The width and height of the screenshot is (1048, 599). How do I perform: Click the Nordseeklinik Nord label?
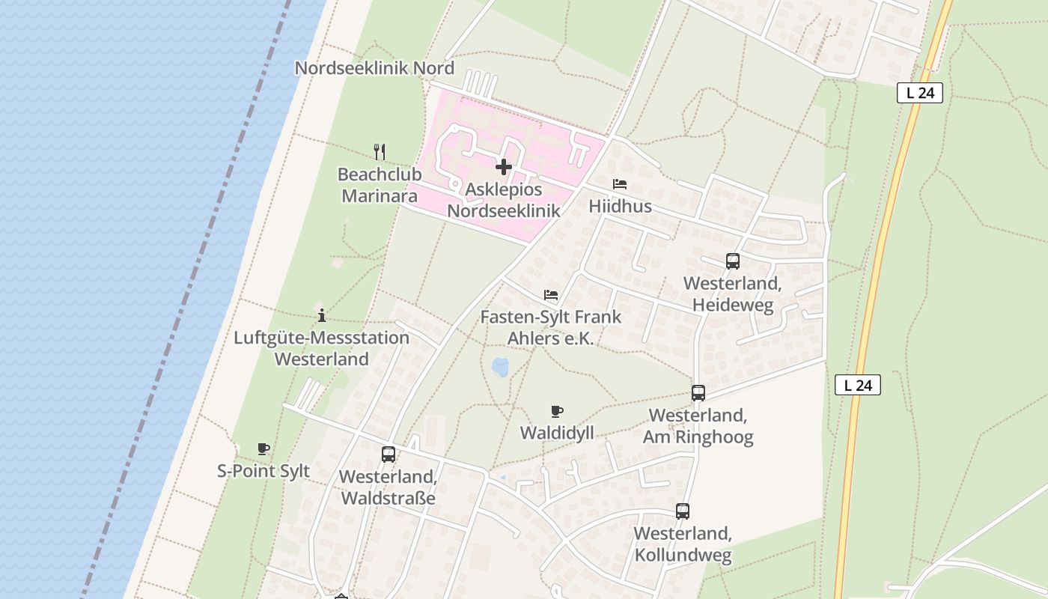[x=374, y=68]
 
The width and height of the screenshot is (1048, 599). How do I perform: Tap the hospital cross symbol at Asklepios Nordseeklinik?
[x=504, y=166]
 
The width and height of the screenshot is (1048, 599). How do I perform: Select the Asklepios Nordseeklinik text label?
[x=503, y=201]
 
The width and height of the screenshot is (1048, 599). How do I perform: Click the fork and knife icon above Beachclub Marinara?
[x=380, y=152]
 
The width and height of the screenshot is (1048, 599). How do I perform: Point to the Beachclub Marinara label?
[x=380, y=186]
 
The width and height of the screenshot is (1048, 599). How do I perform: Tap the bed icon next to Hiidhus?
[x=620, y=184]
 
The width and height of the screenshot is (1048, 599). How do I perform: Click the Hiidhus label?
[x=620, y=206]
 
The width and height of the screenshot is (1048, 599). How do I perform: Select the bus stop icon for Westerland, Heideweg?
[x=733, y=261]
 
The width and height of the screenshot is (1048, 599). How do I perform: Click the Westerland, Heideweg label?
[x=732, y=294]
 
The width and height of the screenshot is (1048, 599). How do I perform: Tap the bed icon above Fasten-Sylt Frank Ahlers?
[x=551, y=295]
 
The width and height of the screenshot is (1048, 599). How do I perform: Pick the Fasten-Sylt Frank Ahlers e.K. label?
[x=550, y=327]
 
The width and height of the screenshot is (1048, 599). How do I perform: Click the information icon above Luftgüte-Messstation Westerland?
[x=322, y=315]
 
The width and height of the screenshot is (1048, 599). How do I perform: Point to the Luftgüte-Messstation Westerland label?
[x=321, y=348]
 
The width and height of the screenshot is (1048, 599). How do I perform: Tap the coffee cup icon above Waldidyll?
[x=556, y=411]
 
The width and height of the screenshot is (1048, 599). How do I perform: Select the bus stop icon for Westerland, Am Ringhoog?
[x=698, y=393]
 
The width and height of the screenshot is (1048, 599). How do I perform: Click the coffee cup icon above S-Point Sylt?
[x=263, y=449]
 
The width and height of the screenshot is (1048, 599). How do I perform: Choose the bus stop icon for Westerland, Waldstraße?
[x=388, y=454]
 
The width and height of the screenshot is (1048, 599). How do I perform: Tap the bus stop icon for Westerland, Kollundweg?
[x=683, y=511]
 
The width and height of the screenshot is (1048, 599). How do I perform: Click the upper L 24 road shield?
[x=919, y=93]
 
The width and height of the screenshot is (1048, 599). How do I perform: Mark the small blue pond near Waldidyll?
[x=500, y=367]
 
